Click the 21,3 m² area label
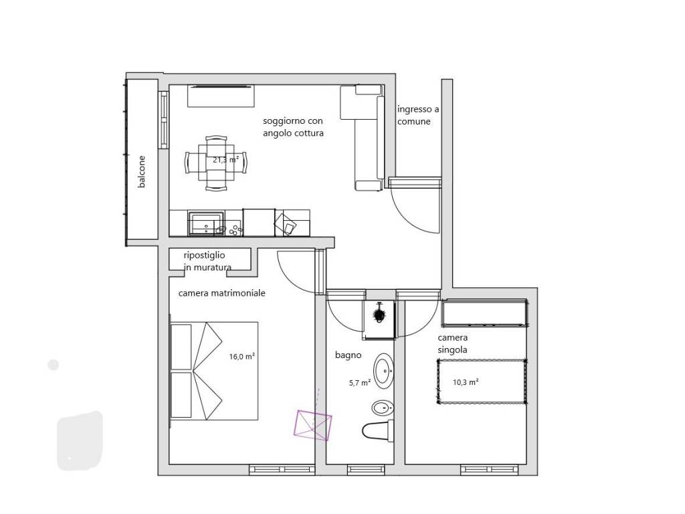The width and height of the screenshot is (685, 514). click(226, 159)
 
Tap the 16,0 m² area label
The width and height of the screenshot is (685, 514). click(242, 356)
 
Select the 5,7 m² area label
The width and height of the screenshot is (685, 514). click(360, 382)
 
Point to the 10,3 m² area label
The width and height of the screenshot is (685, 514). click(466, 382)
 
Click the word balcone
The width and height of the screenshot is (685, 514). click(141, 172)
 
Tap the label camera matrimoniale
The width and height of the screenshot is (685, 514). click(222, 293)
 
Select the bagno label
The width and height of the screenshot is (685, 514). click(348, 355)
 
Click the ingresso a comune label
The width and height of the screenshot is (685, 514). click(418, 115)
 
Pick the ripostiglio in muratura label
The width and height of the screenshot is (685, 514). click(207, 261)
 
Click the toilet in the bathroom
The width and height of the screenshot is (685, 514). click(378, 430)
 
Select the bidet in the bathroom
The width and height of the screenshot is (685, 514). click(383, 409)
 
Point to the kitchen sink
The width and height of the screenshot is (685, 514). click(206, 223)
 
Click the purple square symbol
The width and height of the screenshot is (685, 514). click(313, 424)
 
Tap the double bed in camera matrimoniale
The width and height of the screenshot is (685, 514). click(213, 371)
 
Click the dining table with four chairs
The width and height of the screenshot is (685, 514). click(216, 163)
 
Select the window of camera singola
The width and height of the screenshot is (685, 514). click(490, 470)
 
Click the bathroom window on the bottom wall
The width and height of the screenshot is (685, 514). click(366, 470)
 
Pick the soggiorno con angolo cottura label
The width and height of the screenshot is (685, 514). click(293, 126)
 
